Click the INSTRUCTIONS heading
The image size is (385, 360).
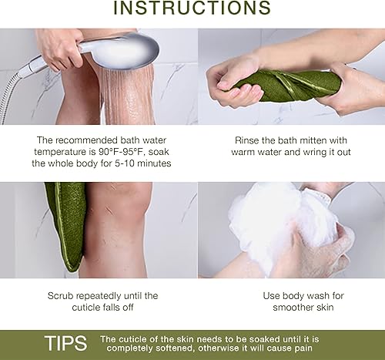click(192, 9)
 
